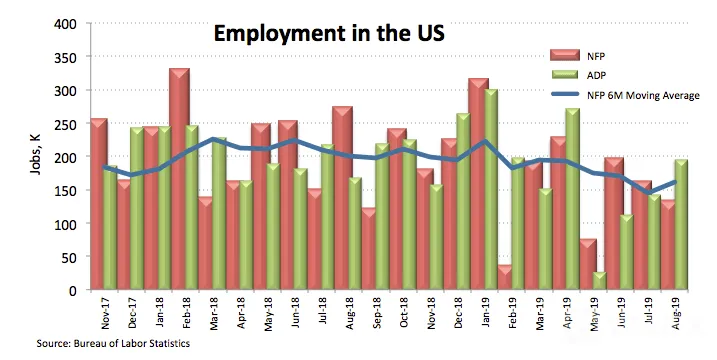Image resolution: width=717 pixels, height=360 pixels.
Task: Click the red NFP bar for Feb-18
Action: [179, 179]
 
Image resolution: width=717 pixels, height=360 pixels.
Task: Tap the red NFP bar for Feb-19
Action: [504, 278]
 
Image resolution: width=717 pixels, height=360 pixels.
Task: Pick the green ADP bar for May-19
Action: [599, 281]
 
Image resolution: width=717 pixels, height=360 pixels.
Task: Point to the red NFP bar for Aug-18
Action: [342, 199]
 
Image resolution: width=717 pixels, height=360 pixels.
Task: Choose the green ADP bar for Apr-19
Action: [573, 199]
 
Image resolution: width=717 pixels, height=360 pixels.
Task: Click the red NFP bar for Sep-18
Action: [369, 249]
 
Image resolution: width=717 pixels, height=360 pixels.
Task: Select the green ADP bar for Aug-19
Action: [681, 225]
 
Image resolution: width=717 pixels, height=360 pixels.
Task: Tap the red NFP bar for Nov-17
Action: [99, 204]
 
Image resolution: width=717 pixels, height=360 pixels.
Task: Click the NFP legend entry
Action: [578, 56]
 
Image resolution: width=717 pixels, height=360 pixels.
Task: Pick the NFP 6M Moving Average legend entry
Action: [625, 95]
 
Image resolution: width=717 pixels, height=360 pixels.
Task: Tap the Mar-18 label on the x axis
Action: [214, 313]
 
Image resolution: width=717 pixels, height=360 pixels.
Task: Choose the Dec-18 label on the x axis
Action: [459, 313]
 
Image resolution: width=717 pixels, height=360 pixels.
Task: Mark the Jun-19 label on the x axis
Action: [622, 313]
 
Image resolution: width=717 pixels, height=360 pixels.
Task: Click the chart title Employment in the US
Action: [329, 34]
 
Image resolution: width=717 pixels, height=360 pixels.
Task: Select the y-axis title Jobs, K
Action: [36, 154]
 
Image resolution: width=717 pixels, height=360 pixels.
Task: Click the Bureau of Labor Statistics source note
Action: [113, 344]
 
